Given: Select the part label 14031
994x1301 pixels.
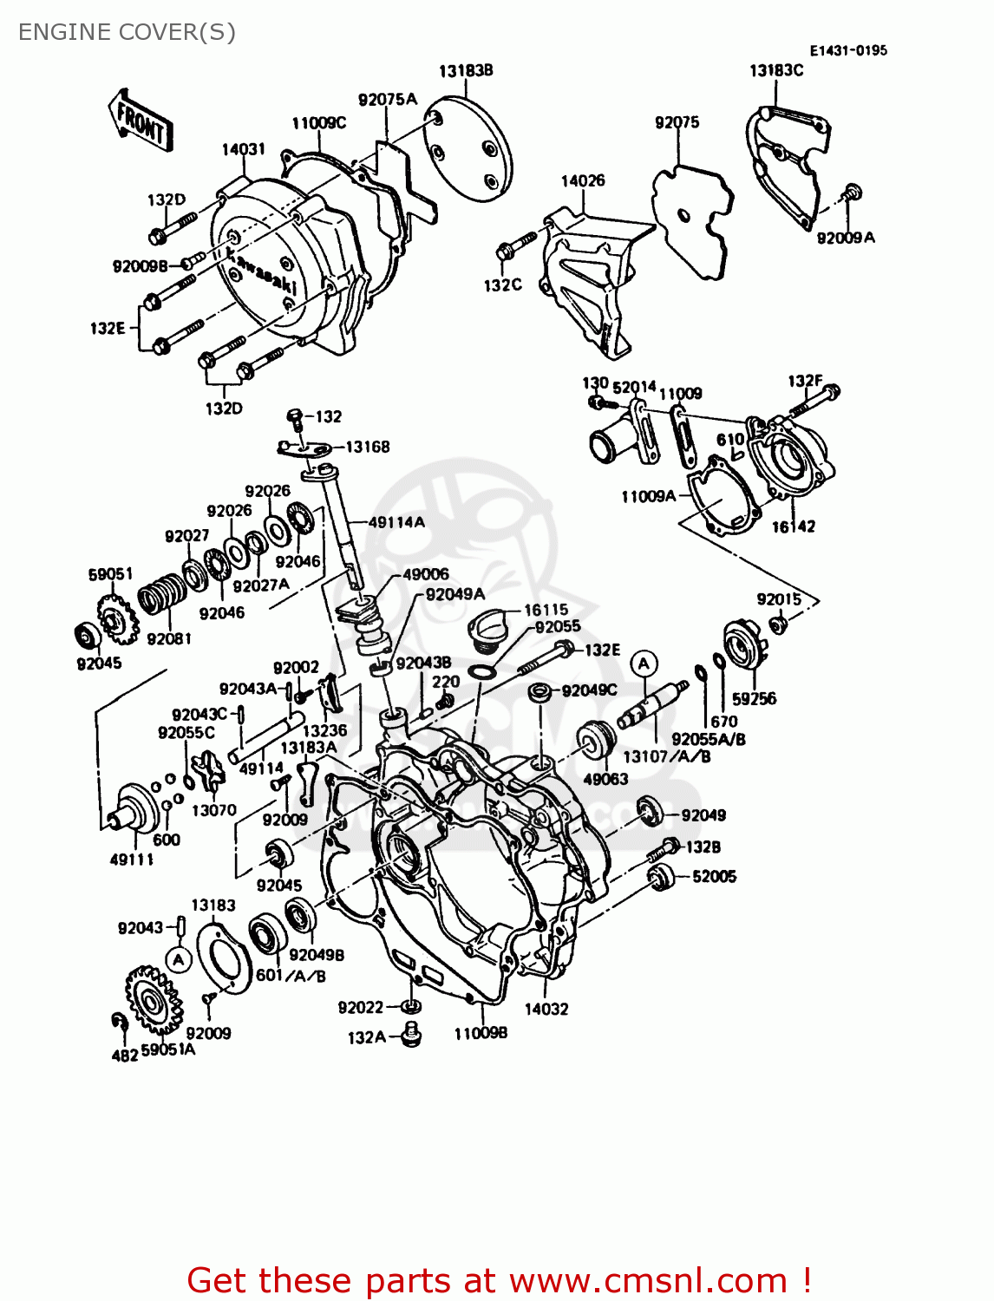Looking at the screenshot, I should point(243,149).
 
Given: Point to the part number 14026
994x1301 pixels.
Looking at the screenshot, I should point(582,180).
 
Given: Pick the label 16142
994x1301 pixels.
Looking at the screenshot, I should point(793,526).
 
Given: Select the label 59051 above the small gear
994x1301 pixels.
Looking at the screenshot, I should point(110,573).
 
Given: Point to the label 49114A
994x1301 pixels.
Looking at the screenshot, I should point(396,521).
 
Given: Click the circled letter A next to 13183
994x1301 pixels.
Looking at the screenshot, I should point(179,959).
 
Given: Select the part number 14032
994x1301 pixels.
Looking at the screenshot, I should point(546,1009).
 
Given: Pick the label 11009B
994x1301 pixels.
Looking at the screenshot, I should point(481,1033).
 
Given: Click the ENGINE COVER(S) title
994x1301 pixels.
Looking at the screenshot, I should point(127,32).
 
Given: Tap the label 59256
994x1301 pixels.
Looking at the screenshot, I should point(754,698).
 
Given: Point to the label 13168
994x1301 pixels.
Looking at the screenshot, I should point(368,447).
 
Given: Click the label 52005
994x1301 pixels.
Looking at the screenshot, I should point(714,876).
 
